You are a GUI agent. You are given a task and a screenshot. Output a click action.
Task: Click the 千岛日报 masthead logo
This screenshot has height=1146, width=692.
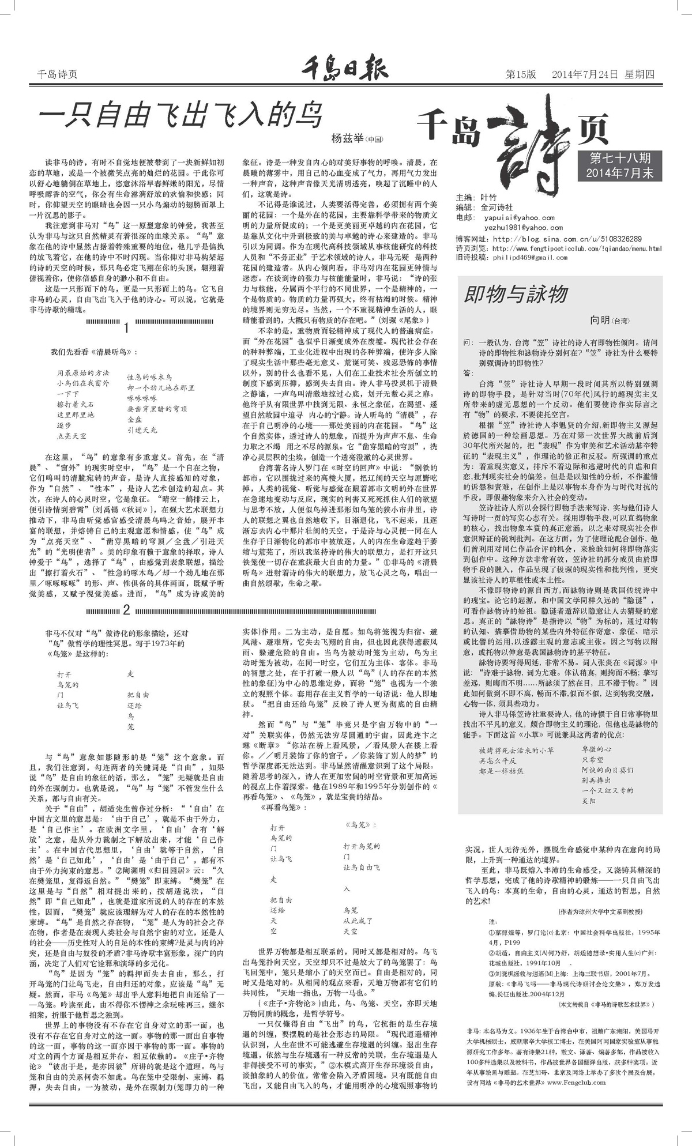(x=345, y=72)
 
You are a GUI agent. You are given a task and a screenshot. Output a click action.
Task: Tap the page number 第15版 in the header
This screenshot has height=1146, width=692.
(x=521, y=74)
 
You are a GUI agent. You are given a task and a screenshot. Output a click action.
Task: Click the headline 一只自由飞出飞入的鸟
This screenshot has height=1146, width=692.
(x=179, y=115)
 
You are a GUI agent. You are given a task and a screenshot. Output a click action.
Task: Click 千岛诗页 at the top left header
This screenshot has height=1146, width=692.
(x=57, y=74)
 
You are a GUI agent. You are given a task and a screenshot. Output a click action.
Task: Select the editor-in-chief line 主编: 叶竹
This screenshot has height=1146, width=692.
(x=476, y=197)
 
